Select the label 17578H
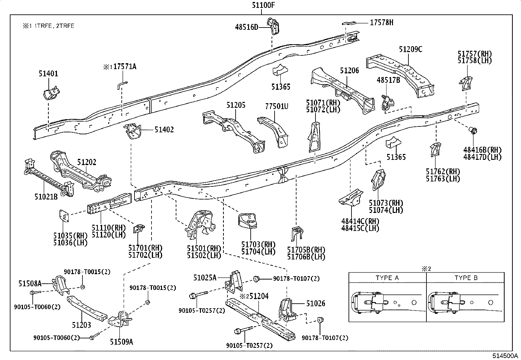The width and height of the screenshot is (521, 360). [382, 22]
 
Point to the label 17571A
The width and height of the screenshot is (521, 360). [124, 67]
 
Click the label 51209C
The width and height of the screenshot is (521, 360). [410, 49]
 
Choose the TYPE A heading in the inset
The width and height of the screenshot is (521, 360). [387, 278]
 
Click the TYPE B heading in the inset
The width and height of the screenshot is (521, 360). [466, 278]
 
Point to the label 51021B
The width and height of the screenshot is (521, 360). [46, 197]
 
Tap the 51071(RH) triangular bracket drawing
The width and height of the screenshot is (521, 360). [314, 137]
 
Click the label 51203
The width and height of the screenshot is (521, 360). [81, 325]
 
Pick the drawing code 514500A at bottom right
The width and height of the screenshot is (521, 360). [505, 356]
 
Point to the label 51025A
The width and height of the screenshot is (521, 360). [205, 278]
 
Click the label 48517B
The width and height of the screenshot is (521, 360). [388, 80]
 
